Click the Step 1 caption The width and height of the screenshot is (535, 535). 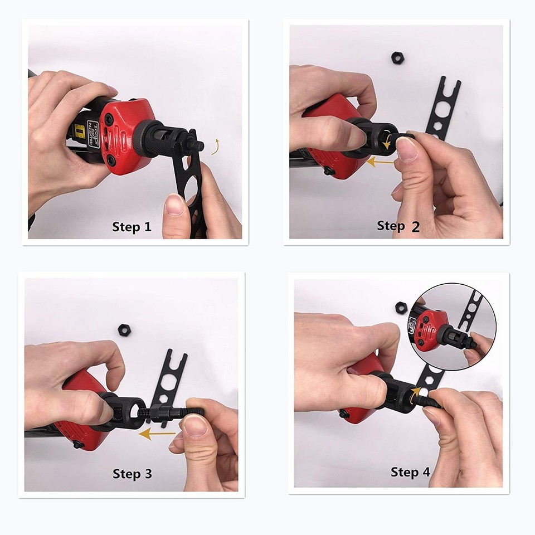click(x=132, y=227)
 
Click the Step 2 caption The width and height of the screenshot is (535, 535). click(x=398, y=226)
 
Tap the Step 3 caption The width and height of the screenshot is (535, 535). click(x=132, y=474)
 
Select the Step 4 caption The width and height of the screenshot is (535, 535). click(x=410, y=472)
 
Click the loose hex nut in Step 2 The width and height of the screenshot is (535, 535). click(x=397, y=57)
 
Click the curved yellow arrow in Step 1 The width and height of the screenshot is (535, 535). click(x=214, y=146)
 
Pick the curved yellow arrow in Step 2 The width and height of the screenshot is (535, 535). click(x=386, y=143)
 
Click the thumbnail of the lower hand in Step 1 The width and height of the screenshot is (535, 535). click(x=176, y=205)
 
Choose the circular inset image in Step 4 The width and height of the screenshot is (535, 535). click(x=453, y=327)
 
